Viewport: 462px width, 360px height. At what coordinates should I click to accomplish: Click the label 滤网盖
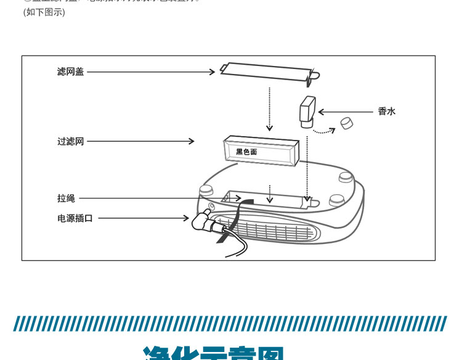70,72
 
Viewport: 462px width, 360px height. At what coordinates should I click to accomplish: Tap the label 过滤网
70,142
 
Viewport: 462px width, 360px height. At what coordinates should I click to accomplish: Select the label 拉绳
66,198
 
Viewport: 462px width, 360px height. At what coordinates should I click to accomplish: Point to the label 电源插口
75,218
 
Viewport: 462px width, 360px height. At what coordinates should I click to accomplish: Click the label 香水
386,112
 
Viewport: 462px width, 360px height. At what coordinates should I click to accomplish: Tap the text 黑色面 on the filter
246,152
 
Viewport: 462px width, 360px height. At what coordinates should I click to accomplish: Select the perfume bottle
307,111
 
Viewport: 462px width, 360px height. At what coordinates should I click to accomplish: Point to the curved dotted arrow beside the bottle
324,130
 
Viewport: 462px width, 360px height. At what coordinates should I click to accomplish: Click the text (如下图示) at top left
44,12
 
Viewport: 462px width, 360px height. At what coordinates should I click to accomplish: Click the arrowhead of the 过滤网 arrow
191,142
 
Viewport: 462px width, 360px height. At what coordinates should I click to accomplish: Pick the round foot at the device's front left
206,187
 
